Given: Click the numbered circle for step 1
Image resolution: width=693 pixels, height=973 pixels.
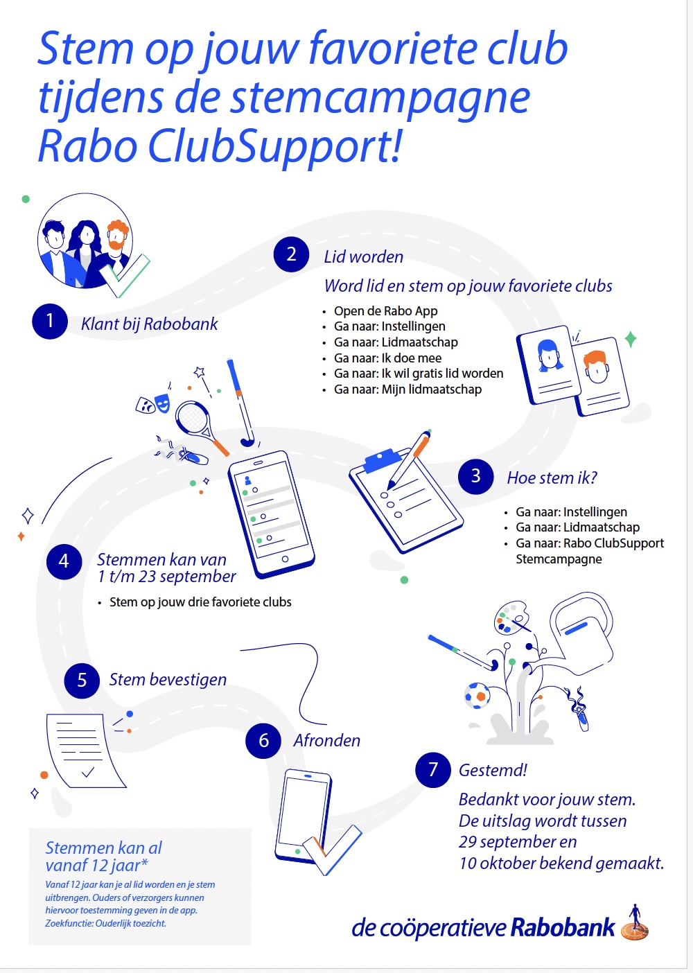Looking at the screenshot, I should (x=50, y=321).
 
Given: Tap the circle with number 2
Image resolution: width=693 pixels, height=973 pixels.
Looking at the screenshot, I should (x=291, y=254).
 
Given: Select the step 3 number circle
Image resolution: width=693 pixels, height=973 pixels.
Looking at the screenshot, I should (x=475, y=476).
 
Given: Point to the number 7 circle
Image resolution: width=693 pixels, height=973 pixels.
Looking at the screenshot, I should (x=433, y=769).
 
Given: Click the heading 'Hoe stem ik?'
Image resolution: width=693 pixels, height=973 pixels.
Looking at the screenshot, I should (x=552, y=477).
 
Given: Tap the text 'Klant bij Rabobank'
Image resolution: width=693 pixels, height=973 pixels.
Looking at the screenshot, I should (x=149, y=324).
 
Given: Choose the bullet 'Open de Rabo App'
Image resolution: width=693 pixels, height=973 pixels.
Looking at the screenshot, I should (x=385, y=310).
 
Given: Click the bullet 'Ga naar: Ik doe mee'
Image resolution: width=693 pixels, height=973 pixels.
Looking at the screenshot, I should (x=387, y=358).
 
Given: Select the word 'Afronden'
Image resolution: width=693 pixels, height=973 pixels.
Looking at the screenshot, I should (x=326, y=740).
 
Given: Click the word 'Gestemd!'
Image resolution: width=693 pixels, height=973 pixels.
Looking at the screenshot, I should (x=493, y=770).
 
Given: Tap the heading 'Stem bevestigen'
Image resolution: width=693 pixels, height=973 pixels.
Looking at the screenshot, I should (x=168, y=680).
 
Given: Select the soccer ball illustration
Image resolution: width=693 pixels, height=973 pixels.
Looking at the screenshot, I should (x=477, y=695).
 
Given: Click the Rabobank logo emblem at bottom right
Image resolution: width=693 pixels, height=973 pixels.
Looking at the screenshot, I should (x=634, y=924).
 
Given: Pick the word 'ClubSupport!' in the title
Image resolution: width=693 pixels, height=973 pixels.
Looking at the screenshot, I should (x=274, y=146).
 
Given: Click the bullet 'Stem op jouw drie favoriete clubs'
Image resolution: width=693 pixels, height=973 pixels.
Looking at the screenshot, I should (x=200, y=602).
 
